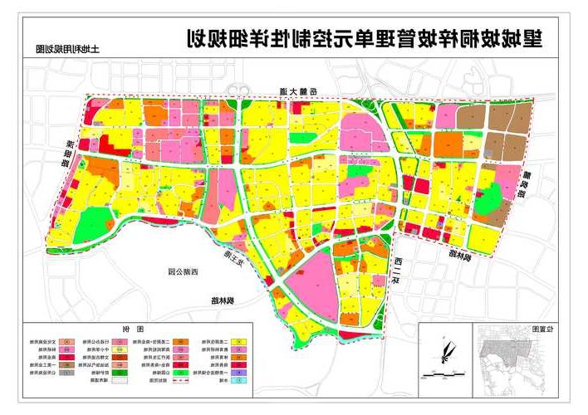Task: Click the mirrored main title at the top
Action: tap(362, 38)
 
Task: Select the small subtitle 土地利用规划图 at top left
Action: tap(63, 49)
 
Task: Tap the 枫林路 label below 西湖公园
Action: tap(222, 300)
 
